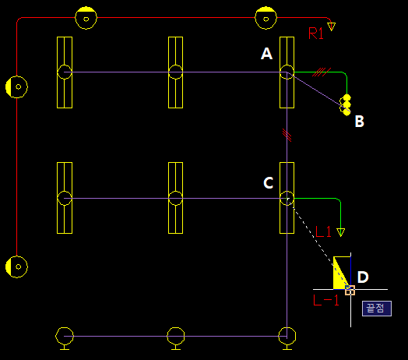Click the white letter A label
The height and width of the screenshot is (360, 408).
pos(267,54)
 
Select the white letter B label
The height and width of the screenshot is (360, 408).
pos(360,121)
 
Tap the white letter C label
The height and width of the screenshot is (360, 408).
pos(269,182)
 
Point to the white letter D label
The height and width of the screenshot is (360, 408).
pos(363,277)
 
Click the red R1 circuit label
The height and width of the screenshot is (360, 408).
pos(316,34)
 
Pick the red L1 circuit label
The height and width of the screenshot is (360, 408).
pos(323,231)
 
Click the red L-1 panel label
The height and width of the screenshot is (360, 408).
pos(326,300)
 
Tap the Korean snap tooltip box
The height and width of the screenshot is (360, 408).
pos(377,309)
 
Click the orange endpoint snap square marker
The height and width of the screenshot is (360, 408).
pos(350,290)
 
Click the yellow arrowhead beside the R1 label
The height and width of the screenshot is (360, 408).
pos(332,26)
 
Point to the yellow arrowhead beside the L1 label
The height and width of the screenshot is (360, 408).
pos(340,232)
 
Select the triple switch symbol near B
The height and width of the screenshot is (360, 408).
pos(346,105)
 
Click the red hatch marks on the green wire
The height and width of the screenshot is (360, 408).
pos(322,72)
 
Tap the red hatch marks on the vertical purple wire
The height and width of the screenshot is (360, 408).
pos(287,136)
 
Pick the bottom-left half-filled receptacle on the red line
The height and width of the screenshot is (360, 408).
pos(16,266)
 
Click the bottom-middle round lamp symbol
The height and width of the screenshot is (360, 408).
pos(176,338)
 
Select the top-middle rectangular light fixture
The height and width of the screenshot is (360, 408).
pos(176,72)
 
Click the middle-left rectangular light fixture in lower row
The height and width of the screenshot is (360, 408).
pos(65,198)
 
